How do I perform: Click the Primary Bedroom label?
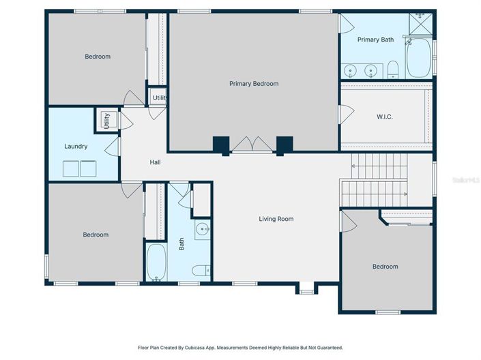point(253,84)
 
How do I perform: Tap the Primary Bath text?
point(375,40)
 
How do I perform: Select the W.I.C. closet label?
point(384,117)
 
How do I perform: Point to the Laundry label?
point(75,146)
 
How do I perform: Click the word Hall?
point(156,162)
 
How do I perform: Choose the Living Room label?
point(276,219)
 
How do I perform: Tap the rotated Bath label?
point(181,243)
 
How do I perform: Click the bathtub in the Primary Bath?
point(419,58)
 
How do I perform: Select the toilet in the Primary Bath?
point(393,70)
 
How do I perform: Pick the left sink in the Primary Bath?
point(351,70)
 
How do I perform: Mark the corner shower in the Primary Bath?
point(420,24)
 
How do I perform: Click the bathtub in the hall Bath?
point(156,262)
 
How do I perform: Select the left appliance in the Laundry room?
point(70,168)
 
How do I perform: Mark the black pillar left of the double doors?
point(221,145)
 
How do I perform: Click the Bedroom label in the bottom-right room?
point(385,267)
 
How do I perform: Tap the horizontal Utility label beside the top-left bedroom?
point(160,98)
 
